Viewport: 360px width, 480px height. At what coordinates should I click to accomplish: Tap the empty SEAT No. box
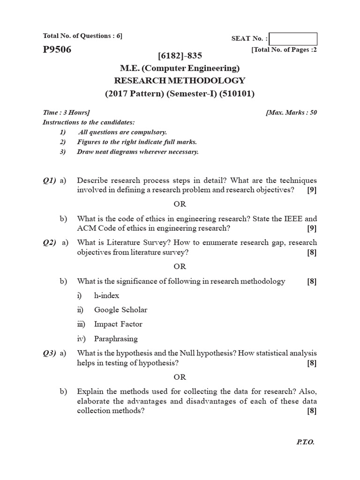click(x=293, y=39)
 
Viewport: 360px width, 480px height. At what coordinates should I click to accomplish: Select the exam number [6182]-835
click(x=180, y=56)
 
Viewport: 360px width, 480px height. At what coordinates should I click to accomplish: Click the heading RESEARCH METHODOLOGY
click(x=180, y=81)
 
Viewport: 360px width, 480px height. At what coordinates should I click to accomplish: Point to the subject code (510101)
click(x=237, y=93)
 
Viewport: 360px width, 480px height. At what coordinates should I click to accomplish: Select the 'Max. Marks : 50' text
click(x=291, y=112)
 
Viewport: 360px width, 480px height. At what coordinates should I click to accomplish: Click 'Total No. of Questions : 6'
click(x=82, y=36)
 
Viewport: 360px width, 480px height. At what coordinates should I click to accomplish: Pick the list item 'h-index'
click(x=106, y=295)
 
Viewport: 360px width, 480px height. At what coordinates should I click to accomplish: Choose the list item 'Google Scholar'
click(x=120, y=310)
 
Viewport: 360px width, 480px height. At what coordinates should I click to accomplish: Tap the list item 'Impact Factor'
click(x=118, y=324)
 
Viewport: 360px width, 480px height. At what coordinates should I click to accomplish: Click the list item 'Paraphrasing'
click(x=116, y=338)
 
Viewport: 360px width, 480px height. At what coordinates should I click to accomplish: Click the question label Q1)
click(x=49, y=180)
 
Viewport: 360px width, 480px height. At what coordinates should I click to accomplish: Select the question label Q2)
click(x=49, y=242)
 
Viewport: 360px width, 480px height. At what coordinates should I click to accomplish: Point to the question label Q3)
click(x=49, y=353)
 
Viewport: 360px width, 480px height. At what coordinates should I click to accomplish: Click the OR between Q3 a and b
click(x=180, y=377)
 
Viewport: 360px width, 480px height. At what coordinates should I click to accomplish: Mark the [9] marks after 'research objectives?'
click(x=312, y=190)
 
